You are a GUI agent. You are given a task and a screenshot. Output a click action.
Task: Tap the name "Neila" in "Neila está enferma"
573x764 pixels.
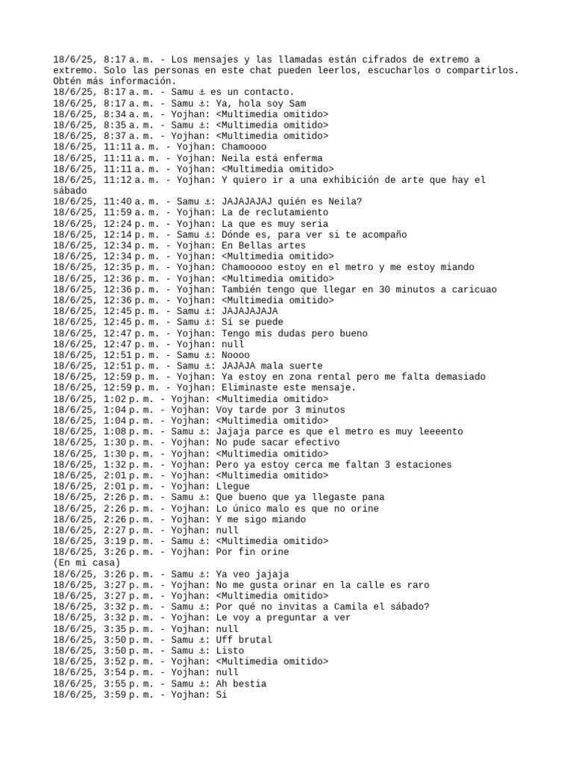pyautogui.click(x=237, y=157)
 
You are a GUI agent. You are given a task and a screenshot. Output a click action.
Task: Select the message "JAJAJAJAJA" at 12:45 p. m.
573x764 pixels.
pyautogui.click(x=250, y=311)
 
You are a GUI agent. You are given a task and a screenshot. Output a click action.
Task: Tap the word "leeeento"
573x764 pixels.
pyautogui.click(x=437, y=431)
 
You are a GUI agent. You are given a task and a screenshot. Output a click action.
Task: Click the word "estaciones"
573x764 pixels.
pyautogui.click(x=424, y=464)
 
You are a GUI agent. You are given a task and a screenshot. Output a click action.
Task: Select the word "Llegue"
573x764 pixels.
pyautogui.click(x=233, y=486)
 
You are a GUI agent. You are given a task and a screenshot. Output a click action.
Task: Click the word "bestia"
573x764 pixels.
pyautogui.click(x=250, y=683)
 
